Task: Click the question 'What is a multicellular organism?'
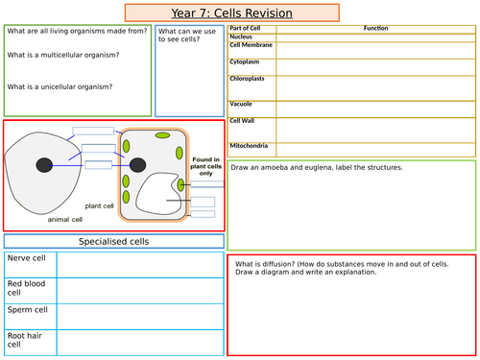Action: pos(62,54)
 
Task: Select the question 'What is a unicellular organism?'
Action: pos(60,86)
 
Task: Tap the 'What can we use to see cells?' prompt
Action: pos(188,36)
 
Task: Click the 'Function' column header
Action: pos(376,29)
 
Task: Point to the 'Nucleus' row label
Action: pos(242,36)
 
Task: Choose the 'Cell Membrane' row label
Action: pos(252,45)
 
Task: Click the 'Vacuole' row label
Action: pos(241,103)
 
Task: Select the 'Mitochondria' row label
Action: pos(250,146)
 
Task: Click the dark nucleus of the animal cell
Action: pos(43,166)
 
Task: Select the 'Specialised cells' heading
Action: pos(113,242)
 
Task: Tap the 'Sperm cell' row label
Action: pos(27,310)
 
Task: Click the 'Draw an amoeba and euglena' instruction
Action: pos(317,167)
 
